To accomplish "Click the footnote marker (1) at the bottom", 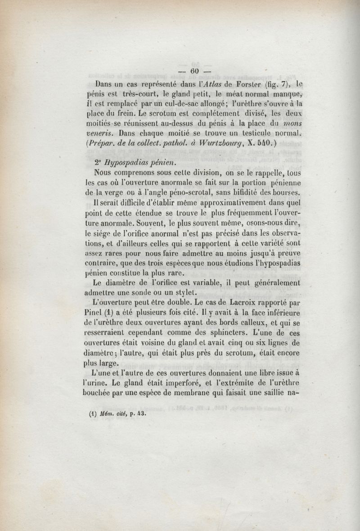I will point(94,416).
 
